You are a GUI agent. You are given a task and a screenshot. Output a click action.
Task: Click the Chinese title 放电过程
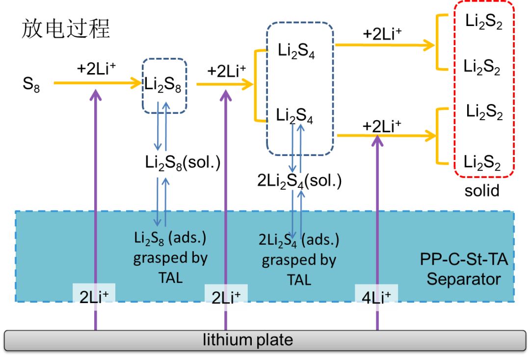[x=66, y=30]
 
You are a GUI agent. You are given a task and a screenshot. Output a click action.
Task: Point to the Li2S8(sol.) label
[x=182, y=162]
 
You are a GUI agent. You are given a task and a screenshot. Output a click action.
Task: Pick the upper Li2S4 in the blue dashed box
[x=296, y=51]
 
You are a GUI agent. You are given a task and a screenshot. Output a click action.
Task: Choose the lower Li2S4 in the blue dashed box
[x=295, y=117]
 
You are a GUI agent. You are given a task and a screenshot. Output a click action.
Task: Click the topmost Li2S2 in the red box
[x=484, y=24]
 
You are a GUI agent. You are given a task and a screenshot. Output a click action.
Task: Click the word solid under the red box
[x=482, y=190]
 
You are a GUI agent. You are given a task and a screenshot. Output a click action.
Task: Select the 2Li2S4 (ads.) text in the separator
[x=299, y=240]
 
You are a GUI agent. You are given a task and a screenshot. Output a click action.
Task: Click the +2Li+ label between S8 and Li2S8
[x=97, y=68]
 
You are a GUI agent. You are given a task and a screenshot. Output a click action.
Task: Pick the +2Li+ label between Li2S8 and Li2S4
[x=226, y=71]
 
